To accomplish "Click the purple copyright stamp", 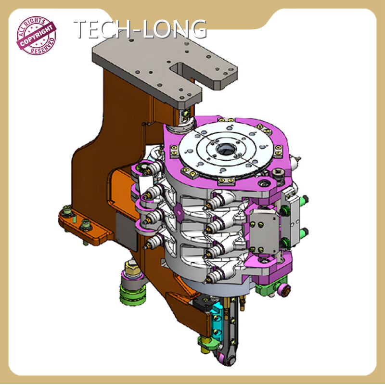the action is pos(37,36).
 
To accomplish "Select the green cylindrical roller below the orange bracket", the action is pos(133,294).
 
